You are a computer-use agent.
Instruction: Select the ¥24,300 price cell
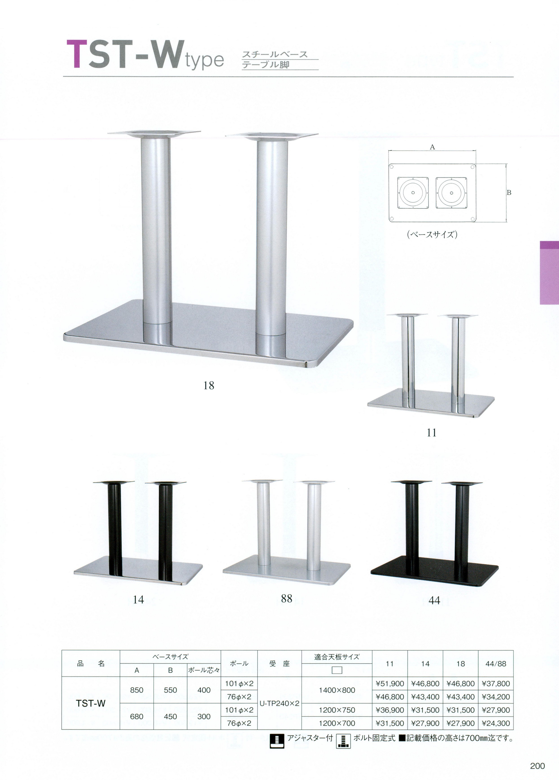(x=496, y=723)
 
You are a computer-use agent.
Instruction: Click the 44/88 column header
(x=496, y=664)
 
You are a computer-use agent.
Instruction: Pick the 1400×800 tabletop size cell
(x=337, y=690)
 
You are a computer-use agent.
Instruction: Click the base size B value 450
(x=170, y=716)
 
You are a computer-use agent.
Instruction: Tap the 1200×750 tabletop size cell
(x=337, y=710)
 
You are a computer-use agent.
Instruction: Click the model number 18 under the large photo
(x=209, y=386)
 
